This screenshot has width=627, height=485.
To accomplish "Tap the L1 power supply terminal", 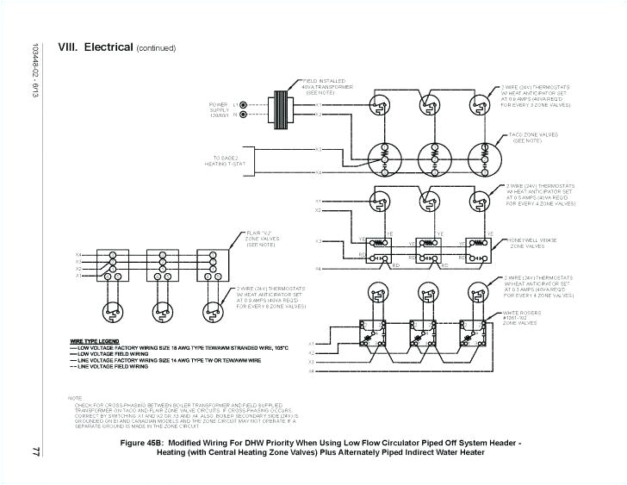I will [243, 105].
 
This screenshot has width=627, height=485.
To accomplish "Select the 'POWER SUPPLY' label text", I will [220, 109].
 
